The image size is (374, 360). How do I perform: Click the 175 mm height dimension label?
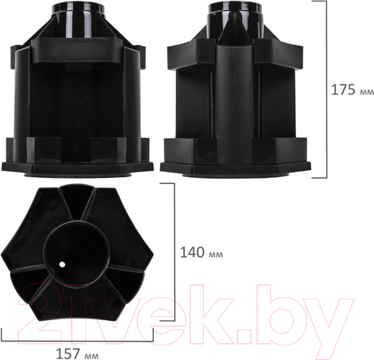tap(352, 90)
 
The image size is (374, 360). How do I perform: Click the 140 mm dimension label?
tap(201, 252)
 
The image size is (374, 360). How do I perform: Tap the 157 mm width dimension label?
tap(77, 354)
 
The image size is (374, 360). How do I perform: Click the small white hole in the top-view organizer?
tap(62, 265)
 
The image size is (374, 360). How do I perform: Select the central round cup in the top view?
tap(77, 255)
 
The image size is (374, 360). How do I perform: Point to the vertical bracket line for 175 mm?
tap(326, 89)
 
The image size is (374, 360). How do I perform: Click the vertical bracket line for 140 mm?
tap(174, 252)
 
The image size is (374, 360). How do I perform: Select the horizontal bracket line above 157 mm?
tap(77, 341)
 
